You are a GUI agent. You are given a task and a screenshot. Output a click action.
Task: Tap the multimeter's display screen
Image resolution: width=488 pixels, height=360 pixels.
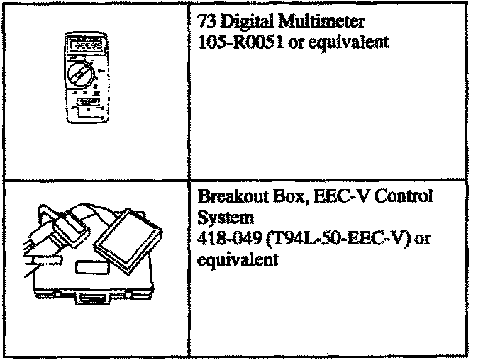(84, 43)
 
